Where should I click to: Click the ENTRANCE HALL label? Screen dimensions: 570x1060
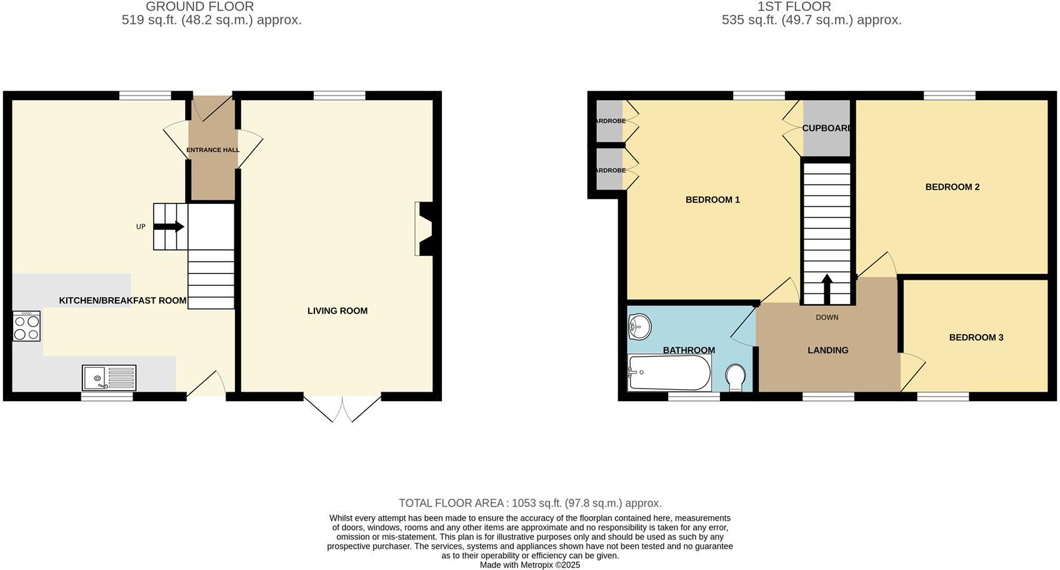point(212,150)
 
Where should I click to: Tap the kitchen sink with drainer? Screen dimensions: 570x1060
point(109,378)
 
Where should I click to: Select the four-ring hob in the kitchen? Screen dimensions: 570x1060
point(26,326)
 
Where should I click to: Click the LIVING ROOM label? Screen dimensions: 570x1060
point(337,311)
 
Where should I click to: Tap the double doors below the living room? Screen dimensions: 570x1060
point(342,408)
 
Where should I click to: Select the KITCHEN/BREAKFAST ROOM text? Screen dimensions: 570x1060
point(122,301)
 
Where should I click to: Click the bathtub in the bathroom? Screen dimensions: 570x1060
point(669,373)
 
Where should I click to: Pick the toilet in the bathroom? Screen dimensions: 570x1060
point(736,378)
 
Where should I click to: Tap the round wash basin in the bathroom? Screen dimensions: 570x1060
point(639,327)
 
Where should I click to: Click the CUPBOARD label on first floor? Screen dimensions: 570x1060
point(827,128)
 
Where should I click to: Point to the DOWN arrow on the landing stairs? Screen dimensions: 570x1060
point(826,288)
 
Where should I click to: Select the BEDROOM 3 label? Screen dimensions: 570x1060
point(976,338)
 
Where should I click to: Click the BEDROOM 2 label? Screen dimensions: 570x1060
point(952,187)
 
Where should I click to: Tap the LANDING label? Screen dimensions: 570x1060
point(827,350)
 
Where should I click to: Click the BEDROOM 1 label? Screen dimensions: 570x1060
point(712,200)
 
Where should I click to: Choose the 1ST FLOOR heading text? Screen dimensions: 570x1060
point(794,7)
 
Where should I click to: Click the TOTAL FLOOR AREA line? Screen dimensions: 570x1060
point(530,503)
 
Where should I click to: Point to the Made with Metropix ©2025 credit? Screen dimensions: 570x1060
point(530,565)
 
